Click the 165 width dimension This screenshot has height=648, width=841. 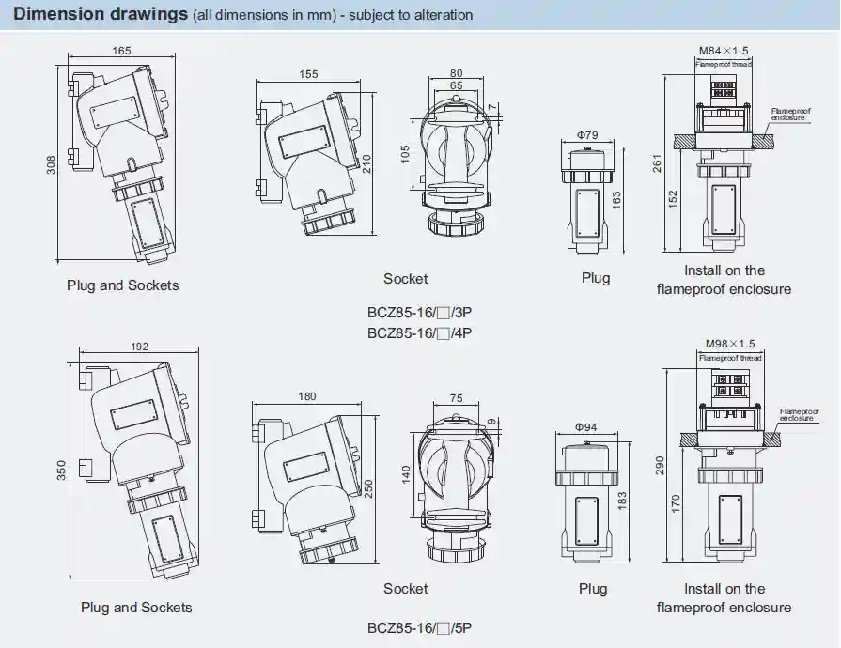point(122,52)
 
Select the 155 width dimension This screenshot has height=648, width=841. point(308,74)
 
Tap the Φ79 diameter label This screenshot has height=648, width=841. point(587,135)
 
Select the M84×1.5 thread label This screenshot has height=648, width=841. point(724,51)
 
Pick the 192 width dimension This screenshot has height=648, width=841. point(139,347)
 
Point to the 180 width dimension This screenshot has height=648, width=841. point(306,397)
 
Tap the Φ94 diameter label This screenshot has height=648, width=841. point(587,427)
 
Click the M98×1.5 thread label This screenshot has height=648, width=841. point(729,344)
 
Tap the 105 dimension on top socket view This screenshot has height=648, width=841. point(405,154)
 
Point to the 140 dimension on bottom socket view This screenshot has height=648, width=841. point(407,472)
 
